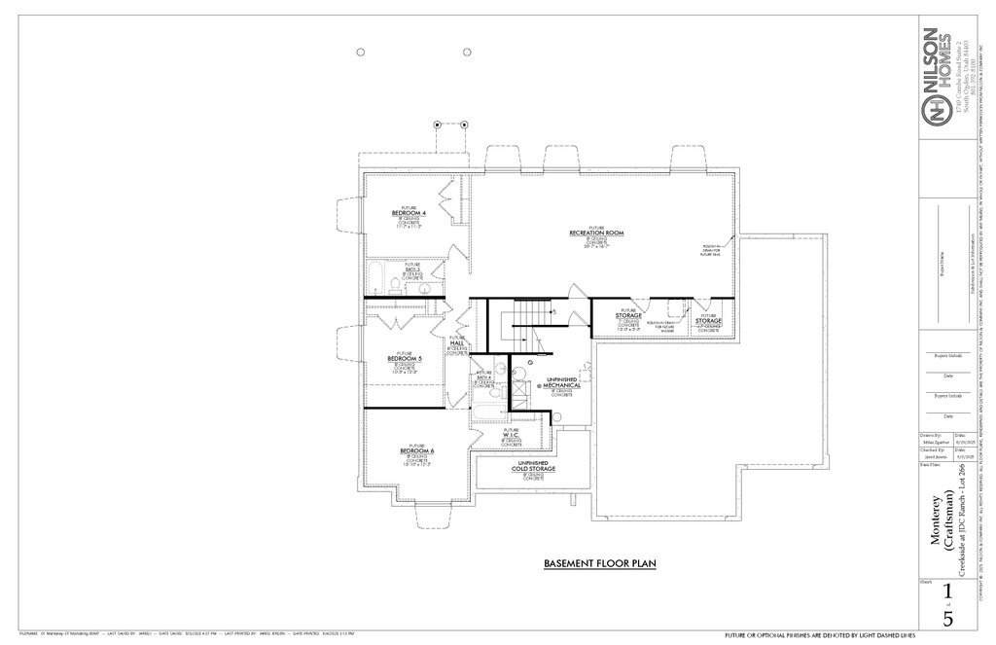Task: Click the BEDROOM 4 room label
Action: pos(409,212)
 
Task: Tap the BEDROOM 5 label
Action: pos(406,358)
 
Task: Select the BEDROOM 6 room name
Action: pos(416,451)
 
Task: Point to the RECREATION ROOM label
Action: pos(596,233)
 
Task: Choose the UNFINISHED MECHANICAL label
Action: pos(563,383)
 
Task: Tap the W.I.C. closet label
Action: pos(511,435)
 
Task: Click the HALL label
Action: pos(456,342)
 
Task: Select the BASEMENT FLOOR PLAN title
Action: pos(597,563)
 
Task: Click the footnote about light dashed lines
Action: pos(814,634)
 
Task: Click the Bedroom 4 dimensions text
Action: pos(409,225)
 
